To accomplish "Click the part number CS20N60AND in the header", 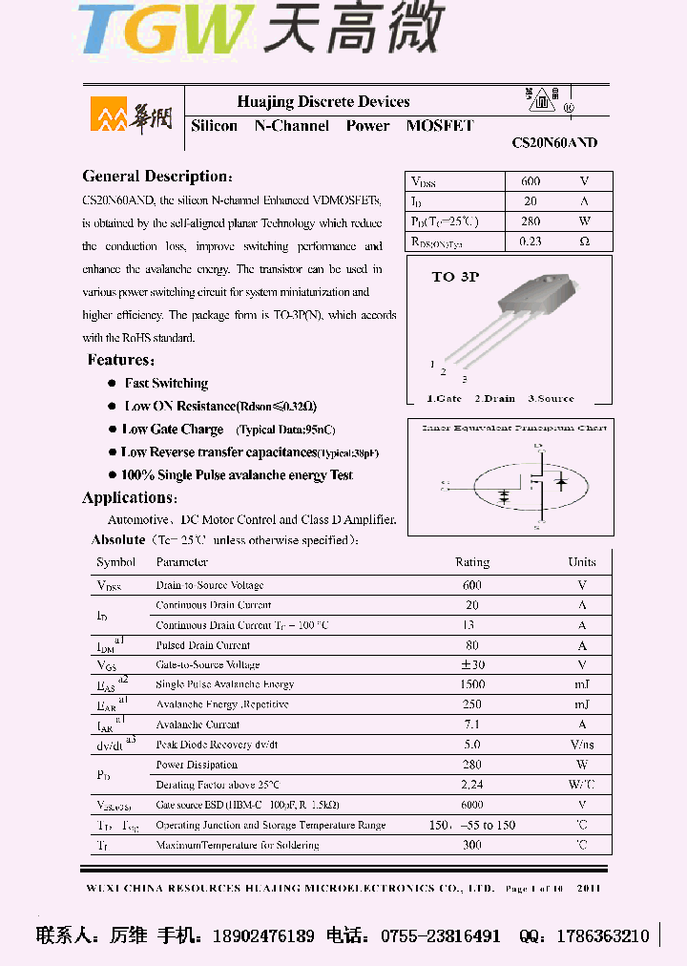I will pos(554,143).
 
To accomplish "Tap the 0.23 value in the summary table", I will pos(531,241).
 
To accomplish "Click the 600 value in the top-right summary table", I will pos(531,181).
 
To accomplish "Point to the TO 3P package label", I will pos(455,277).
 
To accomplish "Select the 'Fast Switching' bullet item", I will pos(166,384).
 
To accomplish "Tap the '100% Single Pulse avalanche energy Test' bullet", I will pos(237,475).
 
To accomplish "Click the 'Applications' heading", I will pos(128,498).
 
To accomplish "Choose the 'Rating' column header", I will pos(472,562).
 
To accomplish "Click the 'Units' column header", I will pos(582,562).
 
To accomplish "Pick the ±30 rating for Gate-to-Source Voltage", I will pos(472,664).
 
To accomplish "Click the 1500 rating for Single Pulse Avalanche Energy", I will pos(472,684).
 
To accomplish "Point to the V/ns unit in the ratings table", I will pos(582,745).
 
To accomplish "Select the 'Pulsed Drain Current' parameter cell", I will pos(203,645).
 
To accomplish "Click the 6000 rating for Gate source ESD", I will pos(472,805).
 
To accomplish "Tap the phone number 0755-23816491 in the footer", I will pos(441,936).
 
